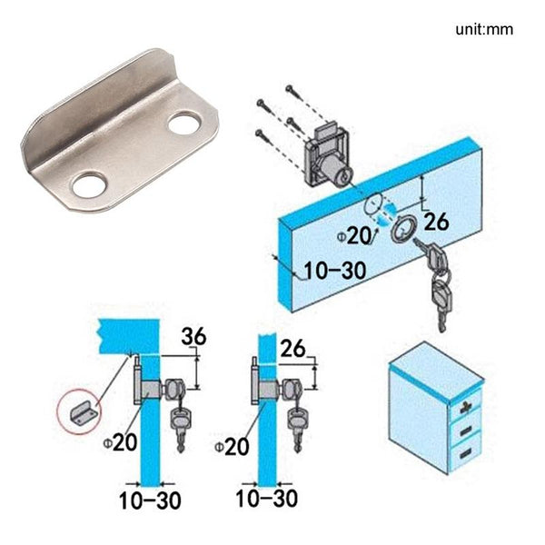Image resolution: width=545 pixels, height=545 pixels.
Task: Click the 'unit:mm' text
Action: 484,29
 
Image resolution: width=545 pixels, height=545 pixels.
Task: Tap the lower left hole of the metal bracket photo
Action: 89,186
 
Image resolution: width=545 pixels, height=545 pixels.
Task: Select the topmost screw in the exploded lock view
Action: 289,90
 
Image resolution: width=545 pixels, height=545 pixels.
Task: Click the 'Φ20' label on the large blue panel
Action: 357,235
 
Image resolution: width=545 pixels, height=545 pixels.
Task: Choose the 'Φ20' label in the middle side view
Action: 232,447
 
